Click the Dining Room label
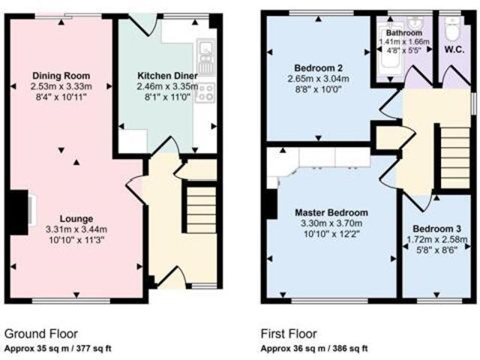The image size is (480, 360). [61, 76]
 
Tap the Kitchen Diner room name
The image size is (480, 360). [166, 76]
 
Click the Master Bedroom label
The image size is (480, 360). [331, 212]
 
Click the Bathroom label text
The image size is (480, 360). [403, 34]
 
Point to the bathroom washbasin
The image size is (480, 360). [417, 22]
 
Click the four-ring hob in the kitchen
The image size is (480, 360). [206, 91]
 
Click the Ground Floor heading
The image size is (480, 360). [41, 334]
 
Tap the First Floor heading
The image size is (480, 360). [289, 334]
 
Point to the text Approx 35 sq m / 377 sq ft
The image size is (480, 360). [58, 348]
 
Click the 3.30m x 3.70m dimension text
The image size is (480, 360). [331, 223]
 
